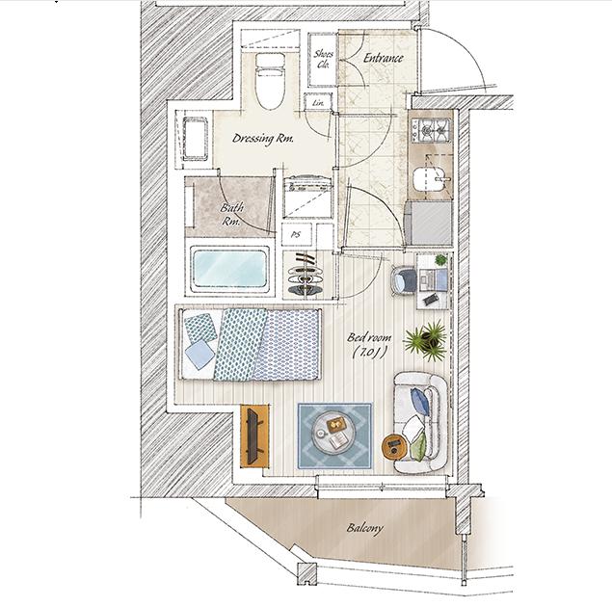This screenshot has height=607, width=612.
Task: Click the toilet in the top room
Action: tap(270, 81)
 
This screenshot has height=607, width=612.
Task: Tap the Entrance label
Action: tap(383, 58)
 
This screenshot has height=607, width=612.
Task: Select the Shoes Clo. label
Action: tap(323, 59)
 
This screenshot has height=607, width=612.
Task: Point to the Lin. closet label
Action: tap(318, 103)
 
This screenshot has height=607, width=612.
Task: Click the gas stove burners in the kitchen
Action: tap(431, 129)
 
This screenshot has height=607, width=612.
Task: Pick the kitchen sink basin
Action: tap(429, 179)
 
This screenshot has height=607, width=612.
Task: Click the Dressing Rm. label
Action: tap(262, 139)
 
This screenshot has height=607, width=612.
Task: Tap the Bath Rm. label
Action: tap(231, 214)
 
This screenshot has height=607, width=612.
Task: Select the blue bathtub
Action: tap(229, 269)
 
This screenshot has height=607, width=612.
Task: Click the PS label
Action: tap(296, 235)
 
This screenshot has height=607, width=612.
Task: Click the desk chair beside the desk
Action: tap(403, 278)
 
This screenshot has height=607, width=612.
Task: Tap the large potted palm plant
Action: tap(426, 340)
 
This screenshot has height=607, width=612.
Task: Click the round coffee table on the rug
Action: tap(333, 434)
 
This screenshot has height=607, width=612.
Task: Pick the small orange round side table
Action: tap(394, 447)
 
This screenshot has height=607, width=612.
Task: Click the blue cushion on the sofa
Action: tap(421, 401)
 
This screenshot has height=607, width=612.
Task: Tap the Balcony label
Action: tap(365, 529)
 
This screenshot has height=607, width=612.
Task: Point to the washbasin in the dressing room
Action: tap(195, 139)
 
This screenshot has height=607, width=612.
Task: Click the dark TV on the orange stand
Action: tap(253, 435)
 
